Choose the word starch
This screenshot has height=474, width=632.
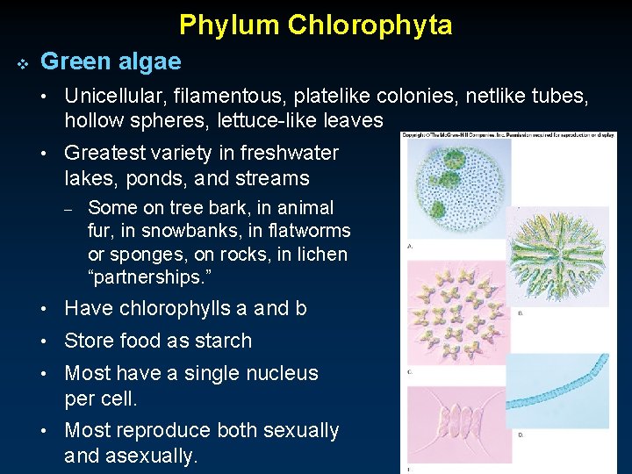click(222, 341)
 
